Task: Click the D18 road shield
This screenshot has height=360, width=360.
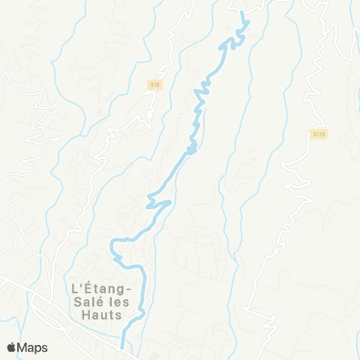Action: (x=154, y=85)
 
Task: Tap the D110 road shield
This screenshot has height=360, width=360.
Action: (x=317, y=133)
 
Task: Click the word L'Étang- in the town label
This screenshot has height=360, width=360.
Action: (x=101, y=288)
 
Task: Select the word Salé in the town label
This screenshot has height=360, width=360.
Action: (x=85, y=301)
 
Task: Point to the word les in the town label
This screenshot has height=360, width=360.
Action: (x=119, y=301)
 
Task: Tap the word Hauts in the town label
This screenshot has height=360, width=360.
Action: (x=101, y=316)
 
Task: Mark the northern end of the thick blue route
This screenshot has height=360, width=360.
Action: (x=241, y=12)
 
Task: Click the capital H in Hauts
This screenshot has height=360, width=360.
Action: (x=83, y=316)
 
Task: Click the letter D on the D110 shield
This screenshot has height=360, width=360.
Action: (x=313, y=133)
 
